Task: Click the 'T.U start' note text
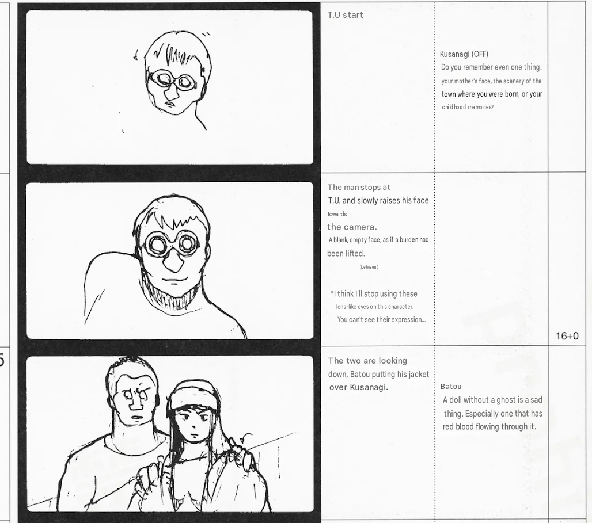pos(345,15)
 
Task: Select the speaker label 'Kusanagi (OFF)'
pos(464,54)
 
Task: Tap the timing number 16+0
pos(567,336)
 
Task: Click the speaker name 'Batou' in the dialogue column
pos(451,387)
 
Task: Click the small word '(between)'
pos(369,267)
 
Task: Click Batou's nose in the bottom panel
pos(135,404)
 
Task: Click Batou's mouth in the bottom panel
pos(136,417)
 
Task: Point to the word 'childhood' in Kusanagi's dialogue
pos(454,107)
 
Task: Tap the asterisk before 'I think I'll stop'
pos(332,292)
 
